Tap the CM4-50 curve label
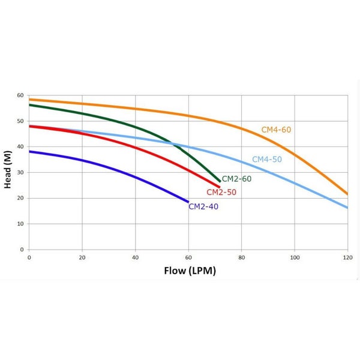[x=266, y=160]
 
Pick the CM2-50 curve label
[x=221, y=193]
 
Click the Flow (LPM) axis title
[x=190, y=271]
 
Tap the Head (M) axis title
[x=8, y=172]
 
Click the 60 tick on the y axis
[x=20, y=96]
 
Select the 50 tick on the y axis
[x=20, y=122]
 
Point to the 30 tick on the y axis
[x=20, y=173]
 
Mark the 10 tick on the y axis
[x=20, y=224]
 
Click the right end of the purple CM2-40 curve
[x=188, y=202]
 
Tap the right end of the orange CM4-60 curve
[x=347, y=194]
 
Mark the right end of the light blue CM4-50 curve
[x=347, y=208]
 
